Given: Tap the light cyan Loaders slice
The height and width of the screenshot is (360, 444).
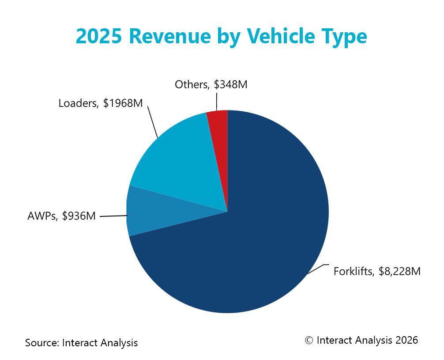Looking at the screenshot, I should [181, 163].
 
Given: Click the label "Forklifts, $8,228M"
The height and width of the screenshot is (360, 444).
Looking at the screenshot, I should [376, 271].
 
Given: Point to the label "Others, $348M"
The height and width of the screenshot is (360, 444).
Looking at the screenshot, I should [211, 84].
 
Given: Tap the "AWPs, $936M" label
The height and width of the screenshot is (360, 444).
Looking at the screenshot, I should [61, 216].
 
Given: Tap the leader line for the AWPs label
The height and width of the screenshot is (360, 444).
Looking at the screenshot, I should [113, 216].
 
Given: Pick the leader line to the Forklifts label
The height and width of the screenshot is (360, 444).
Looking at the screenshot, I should [317, 268].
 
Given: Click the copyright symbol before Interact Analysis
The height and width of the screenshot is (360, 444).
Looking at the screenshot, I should [309, 340].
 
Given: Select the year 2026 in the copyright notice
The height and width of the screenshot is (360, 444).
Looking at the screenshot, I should [406, 340].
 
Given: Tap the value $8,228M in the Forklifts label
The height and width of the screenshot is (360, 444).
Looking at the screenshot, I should [399, 271].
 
